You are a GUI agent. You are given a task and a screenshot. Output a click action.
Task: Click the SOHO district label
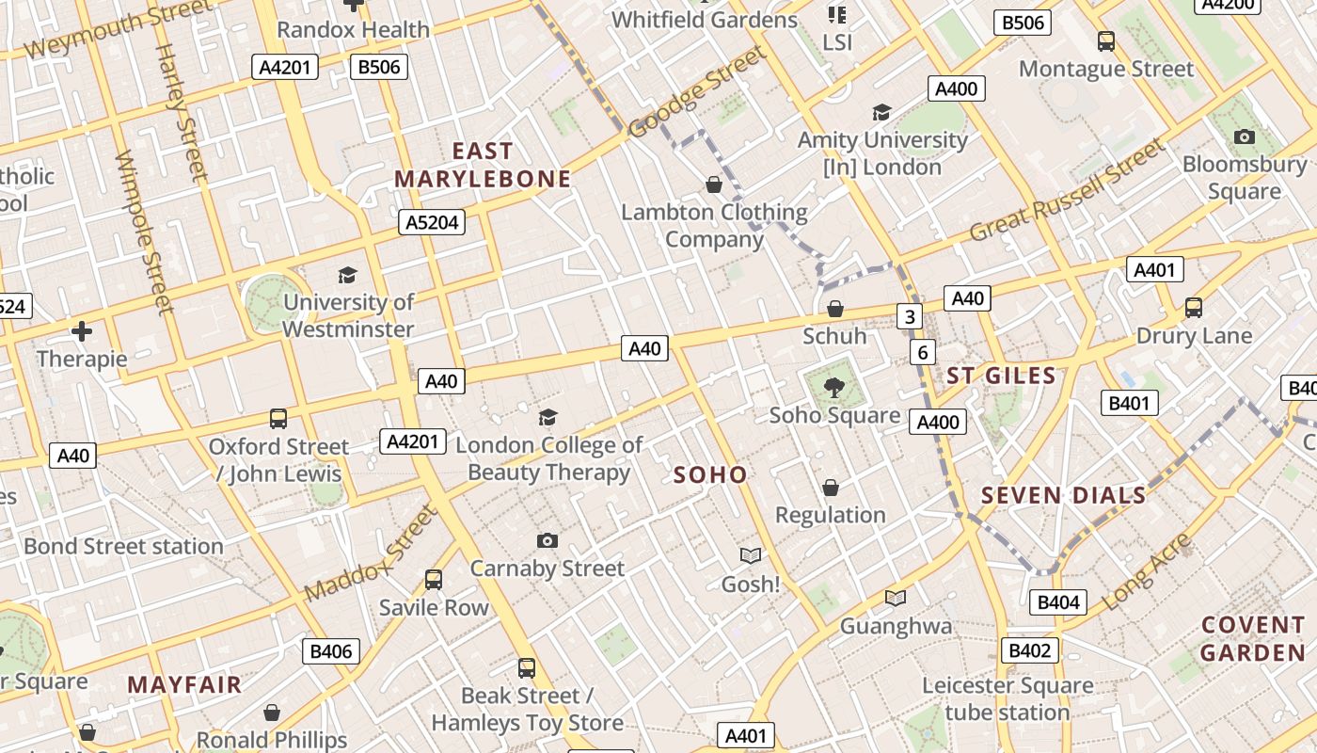710,475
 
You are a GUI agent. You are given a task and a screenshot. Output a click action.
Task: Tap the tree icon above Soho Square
833,386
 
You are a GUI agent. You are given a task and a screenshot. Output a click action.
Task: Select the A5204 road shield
434,222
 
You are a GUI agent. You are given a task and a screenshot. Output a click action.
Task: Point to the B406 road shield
330,651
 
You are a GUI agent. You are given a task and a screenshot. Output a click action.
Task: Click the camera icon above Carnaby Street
547,540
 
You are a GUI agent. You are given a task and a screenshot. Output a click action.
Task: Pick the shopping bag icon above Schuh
834,309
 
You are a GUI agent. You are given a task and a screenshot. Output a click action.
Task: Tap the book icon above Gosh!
750,555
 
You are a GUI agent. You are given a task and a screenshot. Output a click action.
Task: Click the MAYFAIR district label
184,684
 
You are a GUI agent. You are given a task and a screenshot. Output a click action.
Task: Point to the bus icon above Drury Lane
1193,308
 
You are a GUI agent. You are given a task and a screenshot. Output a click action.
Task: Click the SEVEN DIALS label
1063,495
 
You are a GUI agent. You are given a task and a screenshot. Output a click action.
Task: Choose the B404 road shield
1057,602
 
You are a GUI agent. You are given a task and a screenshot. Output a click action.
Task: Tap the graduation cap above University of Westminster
348,275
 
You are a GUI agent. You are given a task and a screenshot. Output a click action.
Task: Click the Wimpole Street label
144,232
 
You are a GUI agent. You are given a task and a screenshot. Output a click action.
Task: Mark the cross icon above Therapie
82,331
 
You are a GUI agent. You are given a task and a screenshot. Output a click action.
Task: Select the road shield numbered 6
923,352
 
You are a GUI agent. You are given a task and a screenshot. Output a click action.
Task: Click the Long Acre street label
1146,572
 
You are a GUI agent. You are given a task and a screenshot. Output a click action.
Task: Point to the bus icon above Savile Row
434,579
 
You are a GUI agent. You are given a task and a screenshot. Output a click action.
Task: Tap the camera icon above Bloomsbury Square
1244,137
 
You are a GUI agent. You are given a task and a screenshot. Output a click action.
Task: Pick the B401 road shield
1129,403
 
